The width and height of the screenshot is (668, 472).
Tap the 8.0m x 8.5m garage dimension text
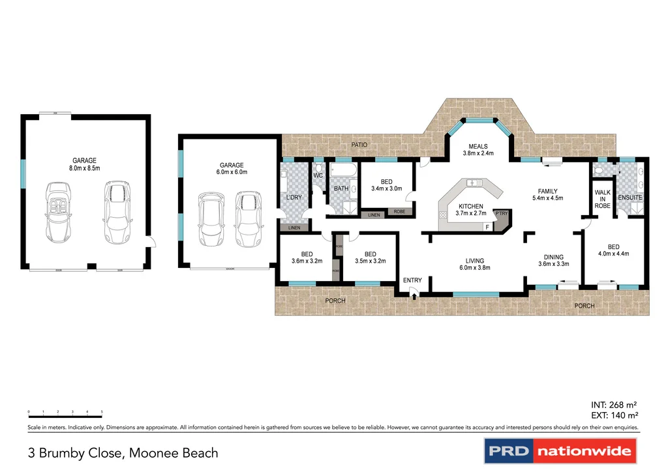tap(85, 168)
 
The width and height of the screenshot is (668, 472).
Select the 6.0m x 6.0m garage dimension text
tap(233, 172)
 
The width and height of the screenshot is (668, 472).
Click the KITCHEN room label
tap(470, 206)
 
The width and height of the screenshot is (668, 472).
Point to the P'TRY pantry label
tap(502, 214)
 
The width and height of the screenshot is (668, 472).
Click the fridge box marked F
tap(486, 226)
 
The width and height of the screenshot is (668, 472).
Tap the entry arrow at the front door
tap(414, 295)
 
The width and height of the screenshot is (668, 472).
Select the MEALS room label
tap(478, 146)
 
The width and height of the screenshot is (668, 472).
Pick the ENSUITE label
tap(631, 197)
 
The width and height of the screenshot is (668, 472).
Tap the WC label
tap(318, 175)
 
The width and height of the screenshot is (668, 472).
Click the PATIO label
tap(359, 145)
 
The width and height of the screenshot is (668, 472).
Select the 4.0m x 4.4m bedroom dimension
tap(614, 254)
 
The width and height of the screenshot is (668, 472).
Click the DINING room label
tap(553, 257)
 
